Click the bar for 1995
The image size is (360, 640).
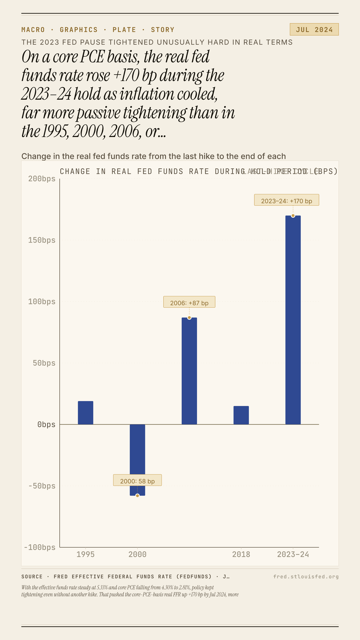86,413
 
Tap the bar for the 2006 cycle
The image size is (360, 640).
189,371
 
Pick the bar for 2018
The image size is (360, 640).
241,415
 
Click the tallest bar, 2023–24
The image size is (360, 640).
293,320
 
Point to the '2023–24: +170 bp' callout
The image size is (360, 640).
287,200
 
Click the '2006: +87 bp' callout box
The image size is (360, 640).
189,302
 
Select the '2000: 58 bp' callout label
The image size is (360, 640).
137,480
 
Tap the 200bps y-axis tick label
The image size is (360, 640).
42,179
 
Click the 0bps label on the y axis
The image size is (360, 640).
46,425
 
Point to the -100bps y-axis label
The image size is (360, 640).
40,548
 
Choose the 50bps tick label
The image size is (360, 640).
44,363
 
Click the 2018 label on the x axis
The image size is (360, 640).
241,555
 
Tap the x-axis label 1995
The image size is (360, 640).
86,555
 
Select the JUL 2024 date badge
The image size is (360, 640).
314,30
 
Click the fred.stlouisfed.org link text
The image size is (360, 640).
306,577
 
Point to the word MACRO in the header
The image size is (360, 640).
33,30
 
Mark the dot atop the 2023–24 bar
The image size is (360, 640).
293,216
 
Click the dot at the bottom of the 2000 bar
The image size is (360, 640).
137,496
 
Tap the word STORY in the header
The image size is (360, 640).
163,30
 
